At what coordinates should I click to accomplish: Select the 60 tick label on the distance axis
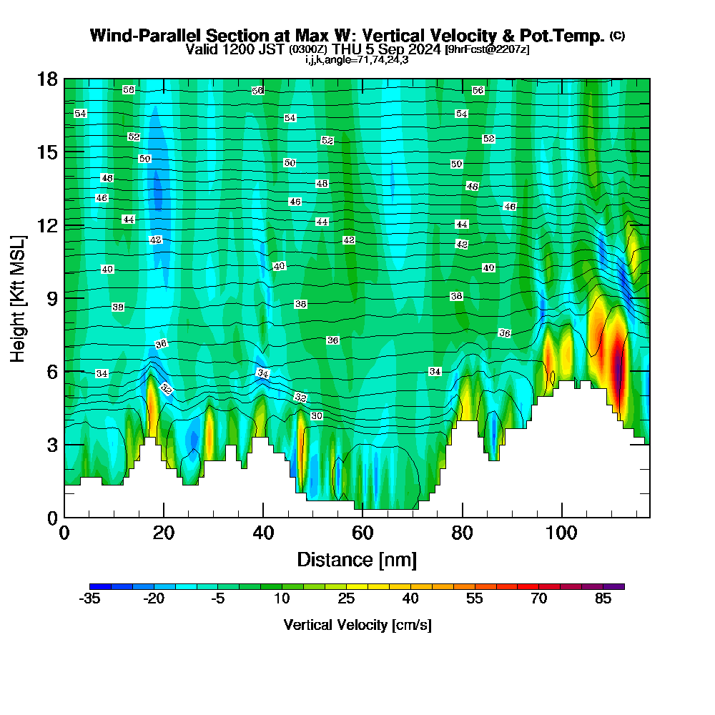click(363, 533)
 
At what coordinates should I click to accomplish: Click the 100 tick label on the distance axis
click(562, 533)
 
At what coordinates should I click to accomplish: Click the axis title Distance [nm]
click(357, 558)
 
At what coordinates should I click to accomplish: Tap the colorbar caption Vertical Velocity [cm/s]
click(357, 625)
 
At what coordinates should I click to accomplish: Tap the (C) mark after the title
click(618, 36)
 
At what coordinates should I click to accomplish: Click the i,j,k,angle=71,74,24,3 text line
click(357, 59)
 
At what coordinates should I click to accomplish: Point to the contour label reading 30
click(317, 415)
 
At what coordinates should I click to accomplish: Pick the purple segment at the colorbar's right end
click(617, 586)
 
